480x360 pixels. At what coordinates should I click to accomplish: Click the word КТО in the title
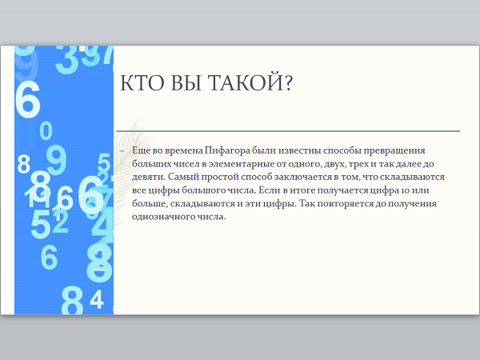tap(139, 82)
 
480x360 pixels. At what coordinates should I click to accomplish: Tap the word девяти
tap(149, 178)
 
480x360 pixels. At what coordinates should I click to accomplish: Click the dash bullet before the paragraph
tap(122, 151)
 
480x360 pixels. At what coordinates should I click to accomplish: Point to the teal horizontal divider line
tap(288, 131)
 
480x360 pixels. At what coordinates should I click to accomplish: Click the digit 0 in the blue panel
tap(46, 130)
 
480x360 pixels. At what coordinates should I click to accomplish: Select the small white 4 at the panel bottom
tap(97, 300)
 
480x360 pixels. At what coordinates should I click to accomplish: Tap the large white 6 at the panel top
tap(27, 100)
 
